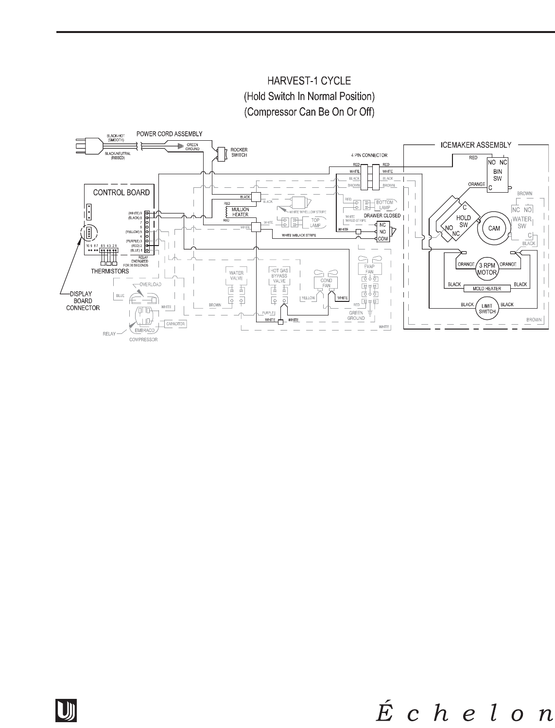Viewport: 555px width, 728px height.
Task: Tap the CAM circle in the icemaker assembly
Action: (494, 229)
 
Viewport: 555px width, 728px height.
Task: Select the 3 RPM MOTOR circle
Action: (487, 268)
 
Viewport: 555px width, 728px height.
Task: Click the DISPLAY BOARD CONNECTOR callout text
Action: (84, 300)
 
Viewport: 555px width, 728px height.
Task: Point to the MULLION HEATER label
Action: (241, 212)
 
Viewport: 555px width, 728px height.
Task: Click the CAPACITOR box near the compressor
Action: (175, 323)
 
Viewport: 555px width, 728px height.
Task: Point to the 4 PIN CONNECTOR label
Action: (370, 155)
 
